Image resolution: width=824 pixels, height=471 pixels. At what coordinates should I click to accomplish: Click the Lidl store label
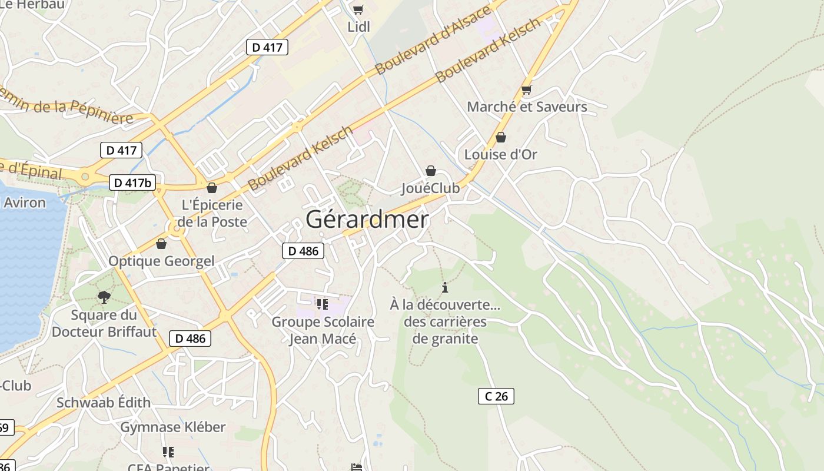point(358,26)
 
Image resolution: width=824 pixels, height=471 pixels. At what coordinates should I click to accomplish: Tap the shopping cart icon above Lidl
point(358,9)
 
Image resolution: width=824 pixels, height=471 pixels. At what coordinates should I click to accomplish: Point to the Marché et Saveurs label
point(527,107)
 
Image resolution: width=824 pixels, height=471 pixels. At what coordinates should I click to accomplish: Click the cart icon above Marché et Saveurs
point(526,90)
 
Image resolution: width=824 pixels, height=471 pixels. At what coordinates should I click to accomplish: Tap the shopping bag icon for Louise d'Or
point(500,137)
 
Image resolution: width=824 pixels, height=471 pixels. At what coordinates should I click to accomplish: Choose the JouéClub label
point(430,188)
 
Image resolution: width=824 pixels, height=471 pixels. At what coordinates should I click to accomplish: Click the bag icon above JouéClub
point(431,171)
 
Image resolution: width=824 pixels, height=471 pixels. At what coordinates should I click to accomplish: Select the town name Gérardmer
point(367,220)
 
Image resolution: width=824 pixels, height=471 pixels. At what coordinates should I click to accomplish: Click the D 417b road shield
point(132,183)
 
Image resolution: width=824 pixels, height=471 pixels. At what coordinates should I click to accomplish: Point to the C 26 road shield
point(496,396)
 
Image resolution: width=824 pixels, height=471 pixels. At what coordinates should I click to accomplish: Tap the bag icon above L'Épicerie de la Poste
point(212,188)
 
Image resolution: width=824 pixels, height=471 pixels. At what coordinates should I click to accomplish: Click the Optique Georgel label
point(161,261)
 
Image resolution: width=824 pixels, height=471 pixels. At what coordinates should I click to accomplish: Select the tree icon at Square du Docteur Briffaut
point(104,297)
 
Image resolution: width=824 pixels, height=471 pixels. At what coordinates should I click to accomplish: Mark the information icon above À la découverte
point(445,287)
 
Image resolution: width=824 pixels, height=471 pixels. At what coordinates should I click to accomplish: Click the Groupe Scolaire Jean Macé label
point(323,330)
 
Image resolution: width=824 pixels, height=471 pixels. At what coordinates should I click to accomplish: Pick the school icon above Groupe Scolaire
point(322,304)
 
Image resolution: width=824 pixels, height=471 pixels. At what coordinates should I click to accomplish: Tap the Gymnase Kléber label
point(172,427)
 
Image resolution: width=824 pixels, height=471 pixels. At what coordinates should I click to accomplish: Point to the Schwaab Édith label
point(104,403)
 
